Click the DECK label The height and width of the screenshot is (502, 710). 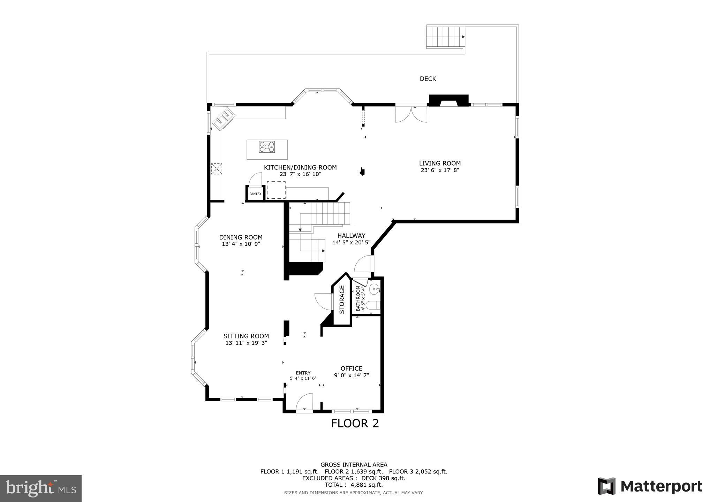point(428,79)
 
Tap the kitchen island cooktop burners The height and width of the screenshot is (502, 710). point(267,147)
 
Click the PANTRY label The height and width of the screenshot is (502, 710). point(255,194)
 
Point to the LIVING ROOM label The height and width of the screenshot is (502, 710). point(440,163)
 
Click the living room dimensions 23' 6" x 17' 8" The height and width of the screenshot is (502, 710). point(440,170)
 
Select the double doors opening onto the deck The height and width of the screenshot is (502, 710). point(411,114)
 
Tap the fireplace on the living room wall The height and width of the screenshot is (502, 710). point(448,100)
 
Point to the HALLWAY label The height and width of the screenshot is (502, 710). point(351,236)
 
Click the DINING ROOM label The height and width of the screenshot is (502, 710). point(241,237)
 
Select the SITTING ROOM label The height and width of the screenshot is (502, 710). point(246,336)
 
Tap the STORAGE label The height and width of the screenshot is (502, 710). point(342,299)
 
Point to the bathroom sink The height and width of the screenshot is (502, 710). point(374,289)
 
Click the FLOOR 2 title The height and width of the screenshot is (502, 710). point(355,423)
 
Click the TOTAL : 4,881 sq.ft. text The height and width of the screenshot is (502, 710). point(354,485)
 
